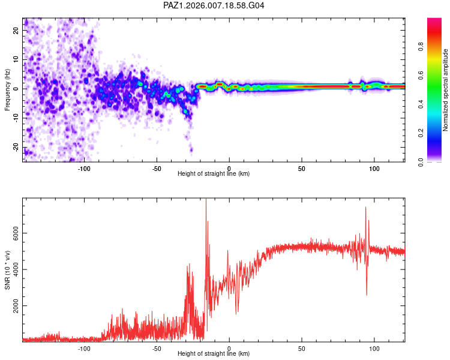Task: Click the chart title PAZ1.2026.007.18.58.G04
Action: tap(214, 5)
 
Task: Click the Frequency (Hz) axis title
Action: tap(8, 89)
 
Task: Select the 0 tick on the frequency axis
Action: tap(17, 88)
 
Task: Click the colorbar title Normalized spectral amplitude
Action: tap(446, 90)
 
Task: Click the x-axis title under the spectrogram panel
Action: tap(214, 174)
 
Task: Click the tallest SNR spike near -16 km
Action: tap(206, 200)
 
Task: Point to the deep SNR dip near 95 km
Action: tap(367, 295)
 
